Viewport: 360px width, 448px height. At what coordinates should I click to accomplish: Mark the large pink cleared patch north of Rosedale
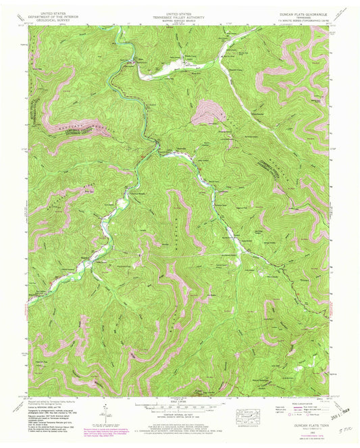tap(204, 112)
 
